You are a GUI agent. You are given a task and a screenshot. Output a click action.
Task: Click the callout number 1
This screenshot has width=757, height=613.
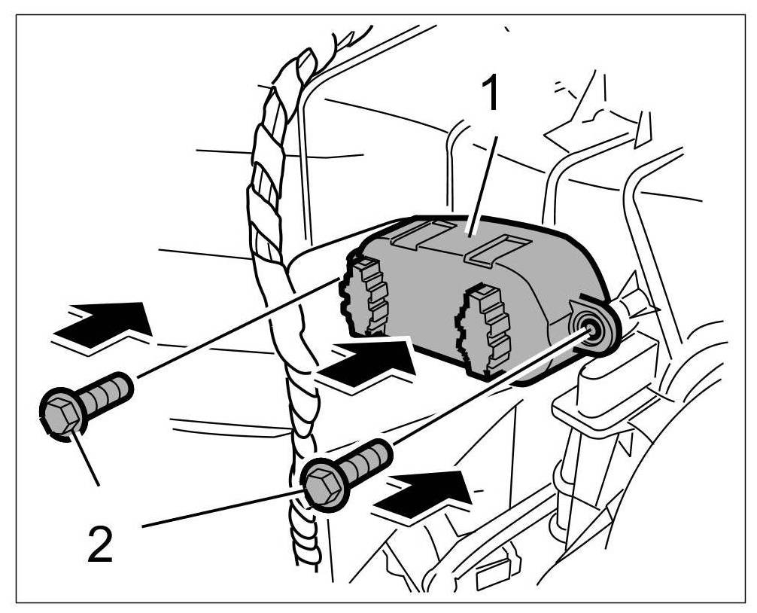pos(491,94)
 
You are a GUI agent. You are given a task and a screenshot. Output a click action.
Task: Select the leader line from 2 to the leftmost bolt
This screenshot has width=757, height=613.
pos(87,459)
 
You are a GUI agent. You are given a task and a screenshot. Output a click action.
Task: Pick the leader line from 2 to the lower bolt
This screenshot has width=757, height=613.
pos(218,510)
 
